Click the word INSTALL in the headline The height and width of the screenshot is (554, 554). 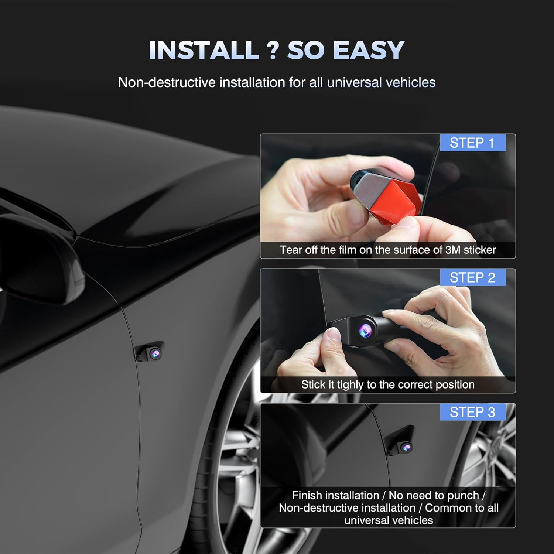204,50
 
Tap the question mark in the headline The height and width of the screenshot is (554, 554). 273,50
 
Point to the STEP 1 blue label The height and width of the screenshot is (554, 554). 472,143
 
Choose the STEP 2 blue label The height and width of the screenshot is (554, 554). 472,277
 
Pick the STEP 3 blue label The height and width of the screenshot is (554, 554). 472,412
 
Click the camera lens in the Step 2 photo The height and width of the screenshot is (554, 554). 365,329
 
